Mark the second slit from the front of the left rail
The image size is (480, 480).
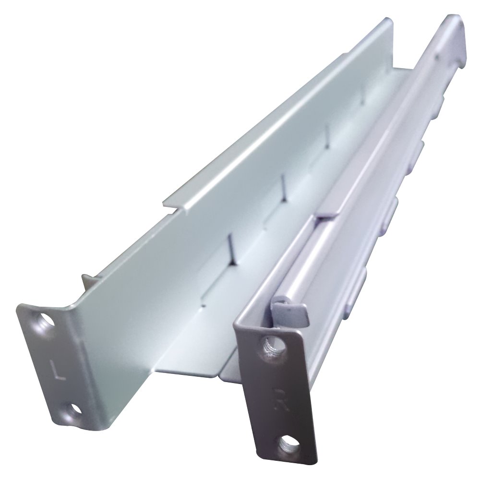pos(284,186)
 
